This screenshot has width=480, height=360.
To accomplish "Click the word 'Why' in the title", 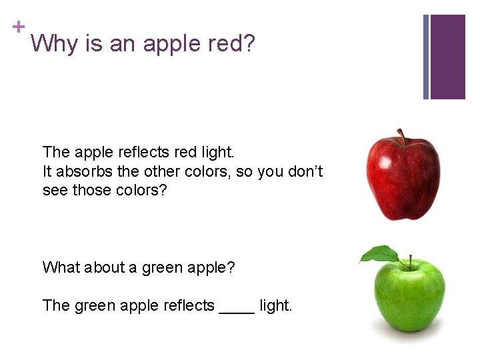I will click(53, 45).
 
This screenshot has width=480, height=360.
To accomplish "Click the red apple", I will click(403, 178).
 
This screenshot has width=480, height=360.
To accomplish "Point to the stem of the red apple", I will click(401, 137).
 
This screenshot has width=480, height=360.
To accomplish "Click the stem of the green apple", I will click(410, 261).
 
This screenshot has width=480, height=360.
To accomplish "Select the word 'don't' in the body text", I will click(306, 171).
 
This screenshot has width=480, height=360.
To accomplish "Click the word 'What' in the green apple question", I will click(60, 267).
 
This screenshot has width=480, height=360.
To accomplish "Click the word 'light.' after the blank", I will click(276, 305).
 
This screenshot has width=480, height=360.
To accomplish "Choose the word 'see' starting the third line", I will click(55, 190).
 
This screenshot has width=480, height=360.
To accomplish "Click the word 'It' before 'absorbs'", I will click(47, 171).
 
